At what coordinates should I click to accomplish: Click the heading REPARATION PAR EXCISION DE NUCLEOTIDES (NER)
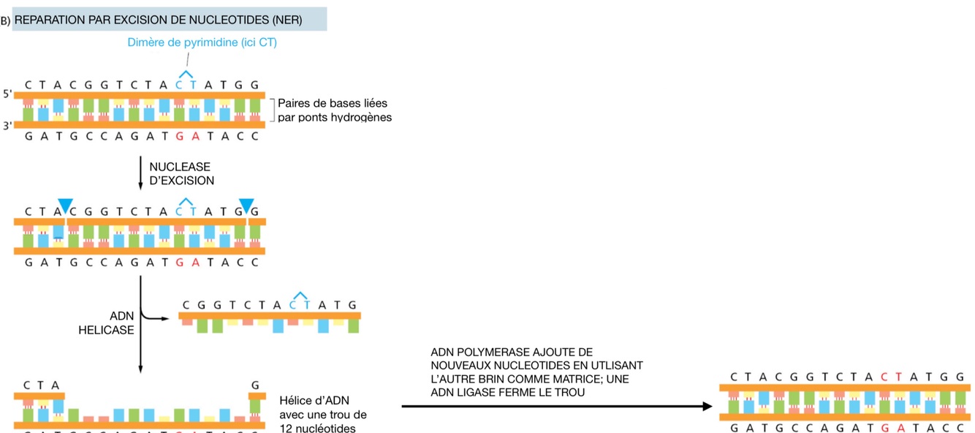click(158, 20)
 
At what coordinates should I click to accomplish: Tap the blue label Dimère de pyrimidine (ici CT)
click(202, 43)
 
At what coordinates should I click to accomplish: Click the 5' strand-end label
click(8, 94)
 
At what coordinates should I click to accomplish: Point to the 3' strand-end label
click(8, 125)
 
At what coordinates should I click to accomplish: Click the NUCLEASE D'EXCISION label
click(181, 173)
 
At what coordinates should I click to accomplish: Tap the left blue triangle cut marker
click(67, 206)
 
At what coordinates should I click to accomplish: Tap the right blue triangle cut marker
click(246, 206)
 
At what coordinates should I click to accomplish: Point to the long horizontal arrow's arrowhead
click(707, 407)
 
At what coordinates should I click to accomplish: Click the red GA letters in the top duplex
click(186, 136)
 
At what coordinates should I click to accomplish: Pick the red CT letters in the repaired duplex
click(892, 377)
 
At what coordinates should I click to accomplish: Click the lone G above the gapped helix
click(254, 385)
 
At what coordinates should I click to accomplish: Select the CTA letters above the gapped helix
click(42, 385)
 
